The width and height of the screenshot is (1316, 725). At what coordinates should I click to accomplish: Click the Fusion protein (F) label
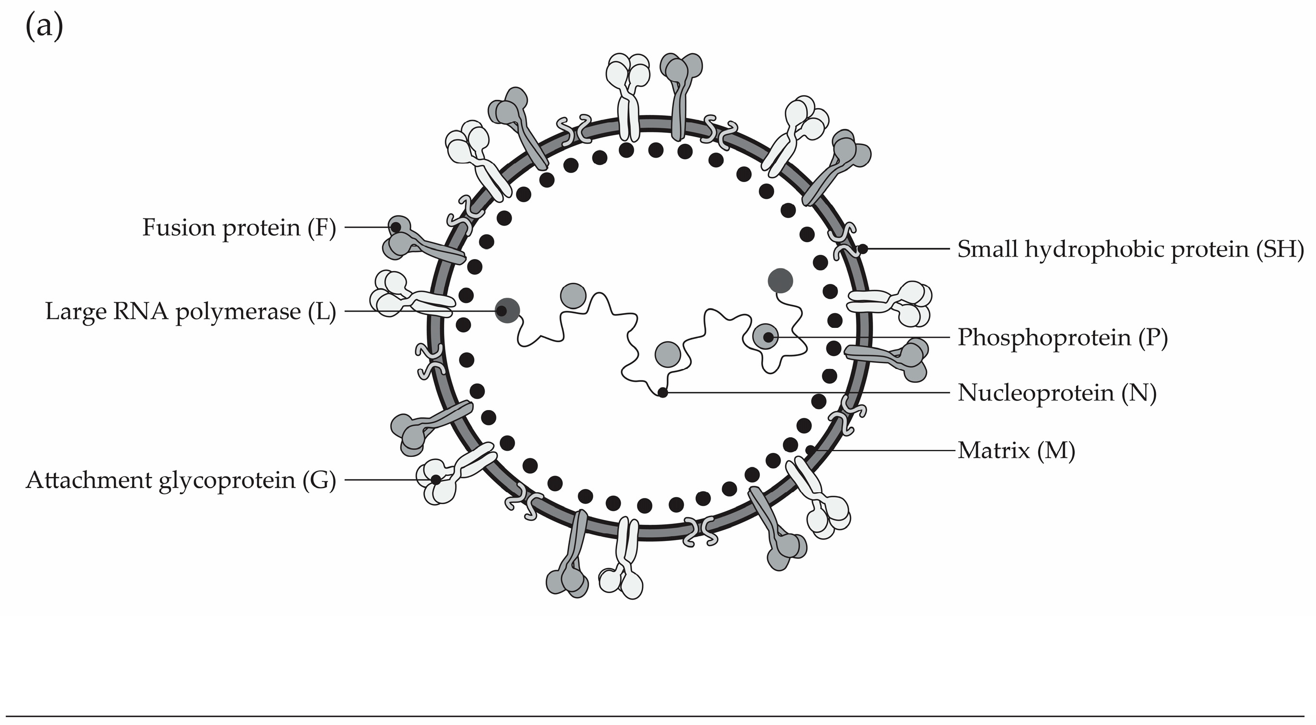pos(239,227)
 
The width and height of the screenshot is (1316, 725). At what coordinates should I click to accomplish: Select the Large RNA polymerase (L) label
pos(190,312)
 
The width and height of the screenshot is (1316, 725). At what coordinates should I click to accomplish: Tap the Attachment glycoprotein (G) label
pos(181,480)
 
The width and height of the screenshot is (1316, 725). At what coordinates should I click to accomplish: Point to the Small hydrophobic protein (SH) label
pos(1130,249)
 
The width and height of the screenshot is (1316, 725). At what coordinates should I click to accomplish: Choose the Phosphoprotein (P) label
pos(1062,337)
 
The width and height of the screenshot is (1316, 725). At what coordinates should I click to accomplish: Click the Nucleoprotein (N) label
pos(1056,393)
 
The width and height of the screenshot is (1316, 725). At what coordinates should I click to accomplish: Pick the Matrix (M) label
pos(1016,451)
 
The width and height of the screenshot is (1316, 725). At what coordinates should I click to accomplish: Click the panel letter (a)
pos(44,27)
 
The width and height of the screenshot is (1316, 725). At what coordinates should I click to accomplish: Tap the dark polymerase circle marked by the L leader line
pos(507,311)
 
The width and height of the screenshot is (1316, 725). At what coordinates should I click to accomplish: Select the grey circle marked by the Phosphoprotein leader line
pos(766,336)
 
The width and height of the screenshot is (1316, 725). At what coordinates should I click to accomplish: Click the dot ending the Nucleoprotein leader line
pos(663,393)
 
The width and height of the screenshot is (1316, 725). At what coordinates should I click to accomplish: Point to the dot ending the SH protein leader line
pos(863,249)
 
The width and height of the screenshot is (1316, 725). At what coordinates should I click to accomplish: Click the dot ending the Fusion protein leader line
pos(396,227)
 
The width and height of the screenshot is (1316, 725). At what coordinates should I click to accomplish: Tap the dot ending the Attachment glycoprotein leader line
pos(436,480)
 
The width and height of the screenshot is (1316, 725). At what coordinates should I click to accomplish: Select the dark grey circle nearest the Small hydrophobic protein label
pos(780,281)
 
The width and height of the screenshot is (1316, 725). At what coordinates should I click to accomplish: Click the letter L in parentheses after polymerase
pos(322,312)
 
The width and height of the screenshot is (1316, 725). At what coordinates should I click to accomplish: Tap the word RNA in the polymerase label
pos(141,312)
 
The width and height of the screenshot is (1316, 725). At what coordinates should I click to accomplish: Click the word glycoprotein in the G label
pos(227,480)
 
